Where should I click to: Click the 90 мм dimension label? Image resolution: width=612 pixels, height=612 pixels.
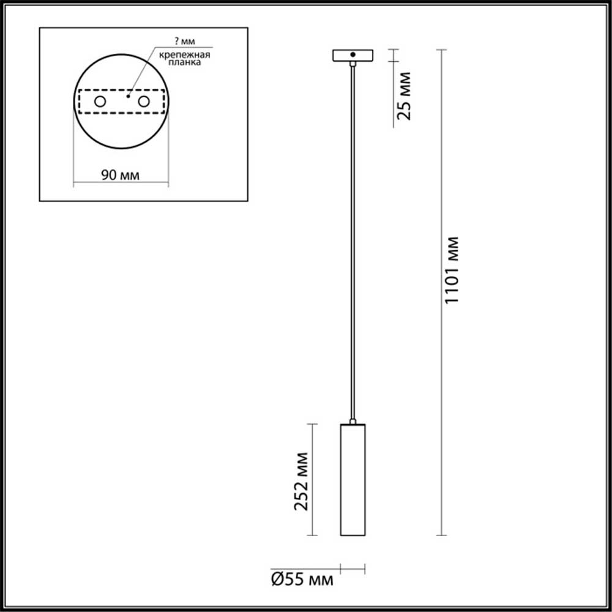[x=120, y=175]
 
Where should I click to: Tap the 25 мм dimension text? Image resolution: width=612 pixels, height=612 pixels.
[x=403, y=95]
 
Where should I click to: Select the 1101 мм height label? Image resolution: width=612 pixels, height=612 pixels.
[x=451, y=269]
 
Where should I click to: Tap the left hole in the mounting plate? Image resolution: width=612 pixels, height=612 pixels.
[x=99, y=102]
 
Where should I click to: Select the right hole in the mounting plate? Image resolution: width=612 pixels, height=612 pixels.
[x=144, y=102]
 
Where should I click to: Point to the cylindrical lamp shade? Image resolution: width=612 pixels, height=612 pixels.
[x=353, y=480]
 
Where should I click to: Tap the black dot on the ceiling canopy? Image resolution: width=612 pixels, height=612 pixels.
[x=353, y=56]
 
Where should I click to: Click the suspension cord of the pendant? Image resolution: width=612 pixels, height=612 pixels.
[x=353, y=245]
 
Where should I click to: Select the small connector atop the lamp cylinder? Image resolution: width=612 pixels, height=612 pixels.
[x=353, y=421]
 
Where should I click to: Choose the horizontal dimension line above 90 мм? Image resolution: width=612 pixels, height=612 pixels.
[x=121, y=182]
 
